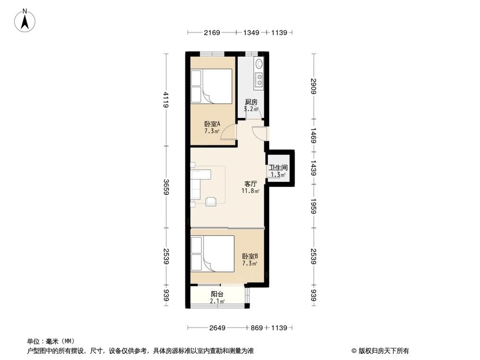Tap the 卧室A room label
pos(212,123)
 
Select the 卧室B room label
pos(250,256)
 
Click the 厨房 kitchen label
pos(252,102)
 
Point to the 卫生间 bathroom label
pos(278,168)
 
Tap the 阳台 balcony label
pos(217,294)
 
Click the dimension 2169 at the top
pos(212,33)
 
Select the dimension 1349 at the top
pos(251,33)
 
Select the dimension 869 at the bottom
pos(256,328)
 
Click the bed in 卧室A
pos(211,86)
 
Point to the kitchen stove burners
pos(259,79)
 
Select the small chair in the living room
pos(211,202)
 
